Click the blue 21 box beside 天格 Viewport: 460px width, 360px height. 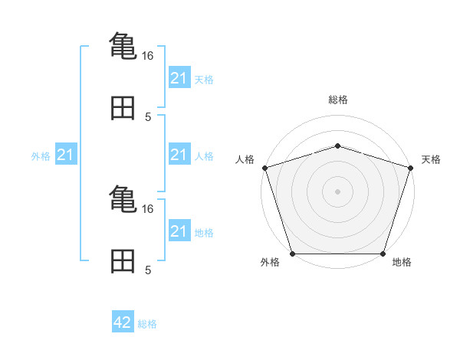pyautogui.click(x=179, y=78)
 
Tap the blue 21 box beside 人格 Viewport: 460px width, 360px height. pyautogui.click(x=179, y=155)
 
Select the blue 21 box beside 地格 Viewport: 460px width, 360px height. pyautogui.click(x=179, y=231)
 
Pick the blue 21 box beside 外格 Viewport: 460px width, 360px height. pyautogui.click(x=65, y=155)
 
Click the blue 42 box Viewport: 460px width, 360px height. pyautogui.click(x=123, y=322)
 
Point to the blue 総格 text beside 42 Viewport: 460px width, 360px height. pyautogui.click(x=147, y=323)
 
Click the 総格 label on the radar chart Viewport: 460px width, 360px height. pyautogui.click(x=337, y=100)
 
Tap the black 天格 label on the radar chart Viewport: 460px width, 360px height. pyautogui.click(x=431, y=159)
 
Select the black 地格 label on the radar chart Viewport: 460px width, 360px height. pyautogui.click(x=401, y=262)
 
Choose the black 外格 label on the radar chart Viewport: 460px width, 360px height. pyautogui.click(x=270, y=262)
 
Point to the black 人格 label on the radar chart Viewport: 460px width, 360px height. pyautogui.click(x=245, y=159)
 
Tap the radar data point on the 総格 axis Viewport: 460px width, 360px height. pyautogui.click(x=337, y=146)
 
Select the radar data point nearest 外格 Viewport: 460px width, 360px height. pyautogui.click(x=293, y=254)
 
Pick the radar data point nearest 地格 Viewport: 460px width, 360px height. pyautogui.click(x=383, y=254)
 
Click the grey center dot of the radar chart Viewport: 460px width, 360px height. pyautogui.click(x=337, y=191)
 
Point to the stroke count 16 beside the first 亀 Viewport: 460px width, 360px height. pyautogui.click(x=148, y=55)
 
